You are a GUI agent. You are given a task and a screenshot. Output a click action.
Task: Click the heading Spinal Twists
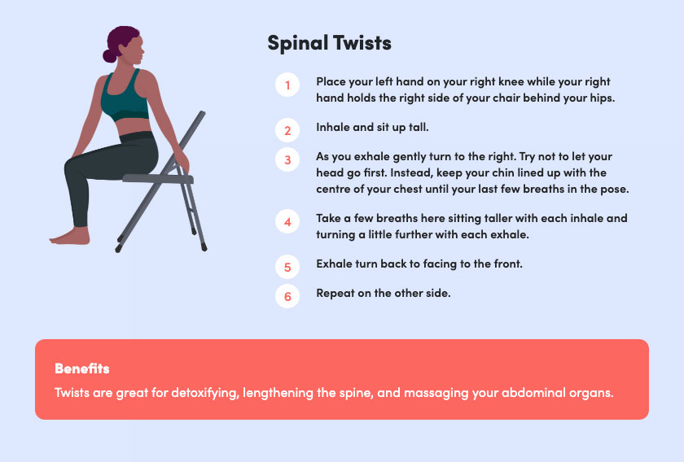329,43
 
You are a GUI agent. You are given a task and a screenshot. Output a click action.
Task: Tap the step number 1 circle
287,85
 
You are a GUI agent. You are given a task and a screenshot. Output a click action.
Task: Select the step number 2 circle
287,130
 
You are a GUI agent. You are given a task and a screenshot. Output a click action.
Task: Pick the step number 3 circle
287,159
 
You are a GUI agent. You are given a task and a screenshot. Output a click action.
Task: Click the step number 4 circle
287,221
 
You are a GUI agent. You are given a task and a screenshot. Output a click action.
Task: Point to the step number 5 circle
287,267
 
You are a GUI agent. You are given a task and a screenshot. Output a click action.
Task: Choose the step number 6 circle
287,296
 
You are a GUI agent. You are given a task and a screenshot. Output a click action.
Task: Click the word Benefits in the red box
82,368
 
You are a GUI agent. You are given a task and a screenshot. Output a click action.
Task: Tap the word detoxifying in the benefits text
205,393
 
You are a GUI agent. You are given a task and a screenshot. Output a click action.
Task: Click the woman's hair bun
109,56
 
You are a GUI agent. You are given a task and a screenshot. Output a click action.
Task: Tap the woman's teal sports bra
125,97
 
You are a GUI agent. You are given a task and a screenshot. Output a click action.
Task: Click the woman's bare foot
70,236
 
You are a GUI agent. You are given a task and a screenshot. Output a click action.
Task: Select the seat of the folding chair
157,178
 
